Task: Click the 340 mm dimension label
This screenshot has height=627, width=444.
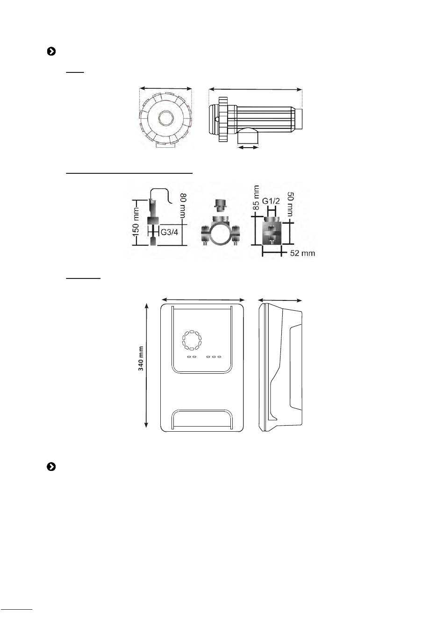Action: click(x=141, y=358)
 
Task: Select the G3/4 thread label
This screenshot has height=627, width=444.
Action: click(x=169, y=232)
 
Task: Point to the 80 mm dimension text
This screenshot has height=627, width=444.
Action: click(x=183, y=206)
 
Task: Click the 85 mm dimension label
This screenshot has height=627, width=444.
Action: click(x=256, y=198)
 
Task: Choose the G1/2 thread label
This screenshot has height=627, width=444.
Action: click(x=271, y=201)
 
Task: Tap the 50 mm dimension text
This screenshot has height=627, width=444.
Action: click(x=290, y=204)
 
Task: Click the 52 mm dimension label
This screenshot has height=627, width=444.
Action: click(x=303, y=253)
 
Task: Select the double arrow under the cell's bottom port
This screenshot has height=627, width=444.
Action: click(x=248, y=147)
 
